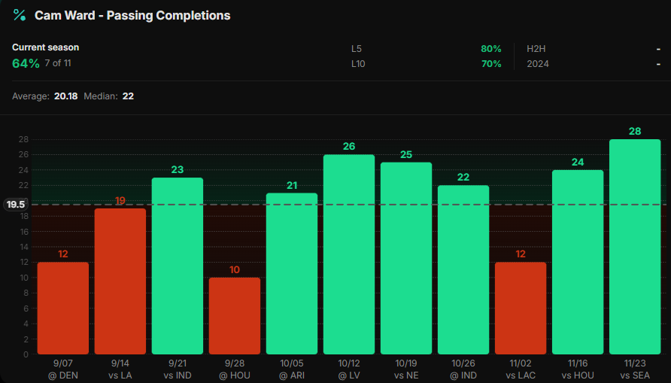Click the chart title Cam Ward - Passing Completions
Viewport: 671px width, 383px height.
132,15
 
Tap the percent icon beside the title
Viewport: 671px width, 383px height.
20,15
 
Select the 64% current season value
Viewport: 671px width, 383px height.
26,63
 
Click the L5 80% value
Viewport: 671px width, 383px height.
490,49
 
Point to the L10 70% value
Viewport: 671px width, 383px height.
490,64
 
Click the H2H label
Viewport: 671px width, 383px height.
536,49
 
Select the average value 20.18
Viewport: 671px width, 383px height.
65,96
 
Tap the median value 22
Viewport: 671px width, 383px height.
128,96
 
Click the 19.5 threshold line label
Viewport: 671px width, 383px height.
15,204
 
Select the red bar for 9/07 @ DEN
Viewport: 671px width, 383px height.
63,308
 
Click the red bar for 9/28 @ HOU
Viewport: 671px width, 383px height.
235,315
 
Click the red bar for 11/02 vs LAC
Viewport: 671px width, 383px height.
521,308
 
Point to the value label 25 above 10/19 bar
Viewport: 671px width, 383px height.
406,154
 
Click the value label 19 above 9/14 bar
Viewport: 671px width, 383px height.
120,200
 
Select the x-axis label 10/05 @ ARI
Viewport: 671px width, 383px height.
292,369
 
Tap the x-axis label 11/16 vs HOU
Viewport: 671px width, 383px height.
578,369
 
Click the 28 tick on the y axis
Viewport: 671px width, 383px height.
23,139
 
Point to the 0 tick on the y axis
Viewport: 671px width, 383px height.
26,354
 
